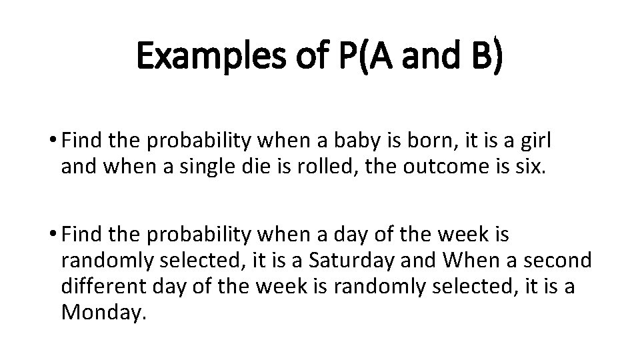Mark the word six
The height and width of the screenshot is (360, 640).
(x=528, y=165)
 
